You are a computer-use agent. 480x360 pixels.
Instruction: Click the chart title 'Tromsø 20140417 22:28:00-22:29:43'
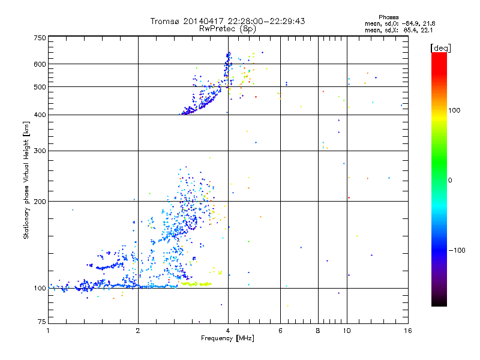[x=227, y=21]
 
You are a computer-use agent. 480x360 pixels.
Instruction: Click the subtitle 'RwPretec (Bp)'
[x=227, y=28]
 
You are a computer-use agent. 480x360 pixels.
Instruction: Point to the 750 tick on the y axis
[x=40, y=38]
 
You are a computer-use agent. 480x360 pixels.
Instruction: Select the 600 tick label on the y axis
[x=40, y=64]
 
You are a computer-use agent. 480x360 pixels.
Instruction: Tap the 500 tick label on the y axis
[x=40, y=87]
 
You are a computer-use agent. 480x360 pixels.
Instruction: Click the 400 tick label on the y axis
[x=40, y=115]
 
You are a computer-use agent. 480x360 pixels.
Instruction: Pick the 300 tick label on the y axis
[x=40, y=151]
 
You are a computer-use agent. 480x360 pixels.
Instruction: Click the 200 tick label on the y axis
[x=40, y=202]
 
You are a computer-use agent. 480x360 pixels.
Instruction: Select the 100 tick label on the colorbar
[x=457, y=110]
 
